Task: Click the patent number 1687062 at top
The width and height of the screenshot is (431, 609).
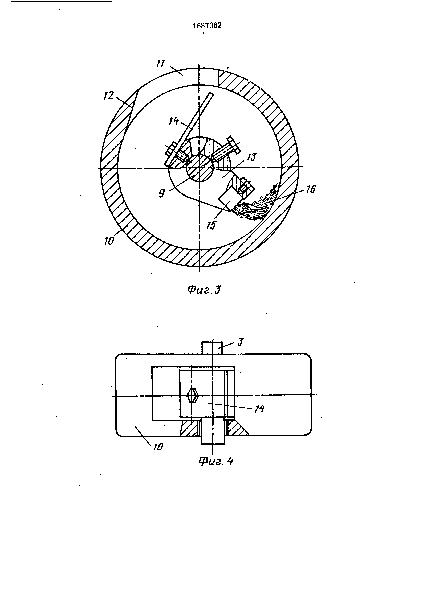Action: [207, 26]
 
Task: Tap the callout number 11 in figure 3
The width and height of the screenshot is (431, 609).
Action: [161, 64]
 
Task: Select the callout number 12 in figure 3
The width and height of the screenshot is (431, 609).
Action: [109, 96]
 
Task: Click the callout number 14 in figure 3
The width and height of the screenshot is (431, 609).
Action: [174, 121]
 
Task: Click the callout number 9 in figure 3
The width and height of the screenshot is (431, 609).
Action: [162, 193]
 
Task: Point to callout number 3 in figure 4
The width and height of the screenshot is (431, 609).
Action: [240, 342]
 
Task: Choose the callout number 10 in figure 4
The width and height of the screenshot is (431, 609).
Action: [158, 447]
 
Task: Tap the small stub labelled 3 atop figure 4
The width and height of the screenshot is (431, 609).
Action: [212, 347]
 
